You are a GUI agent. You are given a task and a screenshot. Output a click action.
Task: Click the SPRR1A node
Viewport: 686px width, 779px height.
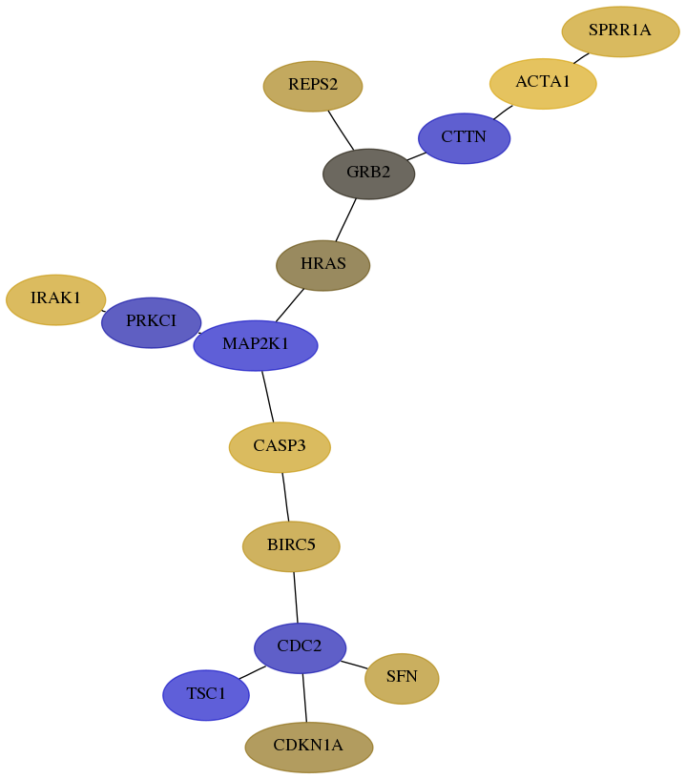(x=620, y=31)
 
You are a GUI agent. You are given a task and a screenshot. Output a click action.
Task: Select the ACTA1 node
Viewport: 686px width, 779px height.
(x=543, y=83)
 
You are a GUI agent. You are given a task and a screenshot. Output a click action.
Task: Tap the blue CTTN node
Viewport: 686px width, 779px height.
(x=464, y=138)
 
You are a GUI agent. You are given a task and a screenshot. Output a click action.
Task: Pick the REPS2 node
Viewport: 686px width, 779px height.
(x=313, y=86)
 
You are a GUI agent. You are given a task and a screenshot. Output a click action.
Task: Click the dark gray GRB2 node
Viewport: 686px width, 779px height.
(x=368, y=174)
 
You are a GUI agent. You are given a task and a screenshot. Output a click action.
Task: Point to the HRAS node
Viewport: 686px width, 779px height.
(x=322, y=264)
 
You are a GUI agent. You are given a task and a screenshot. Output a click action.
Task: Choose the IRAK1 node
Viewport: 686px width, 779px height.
(x=55, y=299)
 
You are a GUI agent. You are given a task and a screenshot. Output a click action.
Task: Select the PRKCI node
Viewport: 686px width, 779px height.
(x=151, y=322)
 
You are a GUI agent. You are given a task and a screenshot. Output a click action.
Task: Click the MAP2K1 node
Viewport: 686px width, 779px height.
(x=256, y=344)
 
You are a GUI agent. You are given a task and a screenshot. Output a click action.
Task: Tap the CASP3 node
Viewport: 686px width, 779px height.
(x=280, y=446)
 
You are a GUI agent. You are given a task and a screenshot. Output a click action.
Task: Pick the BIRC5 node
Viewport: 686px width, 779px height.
(x=291, y=546)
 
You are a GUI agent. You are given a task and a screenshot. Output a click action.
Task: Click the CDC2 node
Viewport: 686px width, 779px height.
(x=300, y=647)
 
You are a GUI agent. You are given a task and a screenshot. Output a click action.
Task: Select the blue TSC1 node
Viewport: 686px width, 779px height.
(x=206, y=695)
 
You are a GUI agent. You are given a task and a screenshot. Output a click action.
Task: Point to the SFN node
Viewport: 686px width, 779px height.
(x=402, y=678)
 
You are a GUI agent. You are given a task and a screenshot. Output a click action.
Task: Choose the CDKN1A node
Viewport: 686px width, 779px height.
(x=308, y=747)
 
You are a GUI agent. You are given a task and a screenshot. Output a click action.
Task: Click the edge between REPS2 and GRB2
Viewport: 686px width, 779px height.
(x=341, y=131)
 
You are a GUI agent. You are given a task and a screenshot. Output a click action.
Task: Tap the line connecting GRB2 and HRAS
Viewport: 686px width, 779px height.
(x=345, y=219)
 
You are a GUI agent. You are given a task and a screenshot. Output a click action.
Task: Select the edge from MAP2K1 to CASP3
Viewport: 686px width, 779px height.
(x=268, y=396)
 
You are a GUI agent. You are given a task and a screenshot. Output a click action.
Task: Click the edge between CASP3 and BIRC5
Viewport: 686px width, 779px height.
(x=285, y=496)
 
